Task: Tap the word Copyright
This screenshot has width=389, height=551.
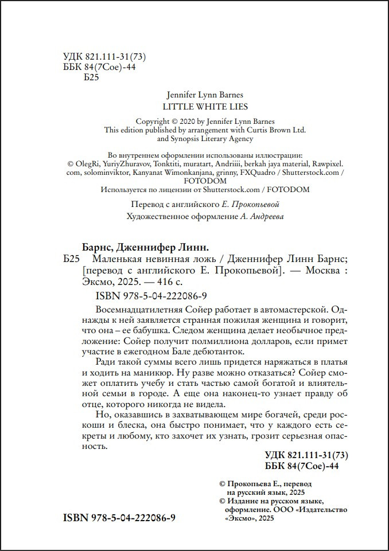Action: point(151,121)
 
